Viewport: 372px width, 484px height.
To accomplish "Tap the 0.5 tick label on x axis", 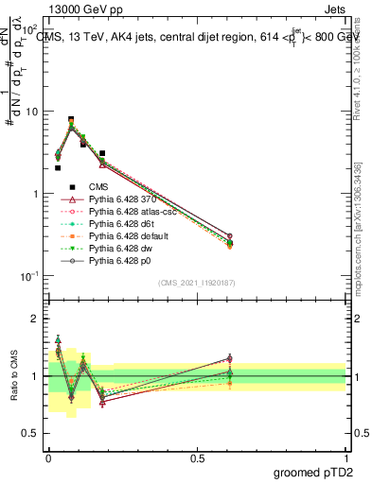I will (x=197, y=458).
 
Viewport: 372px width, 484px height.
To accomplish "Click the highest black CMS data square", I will (x=71, y=120).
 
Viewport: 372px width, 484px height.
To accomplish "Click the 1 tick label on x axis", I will (x=346, y=458).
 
